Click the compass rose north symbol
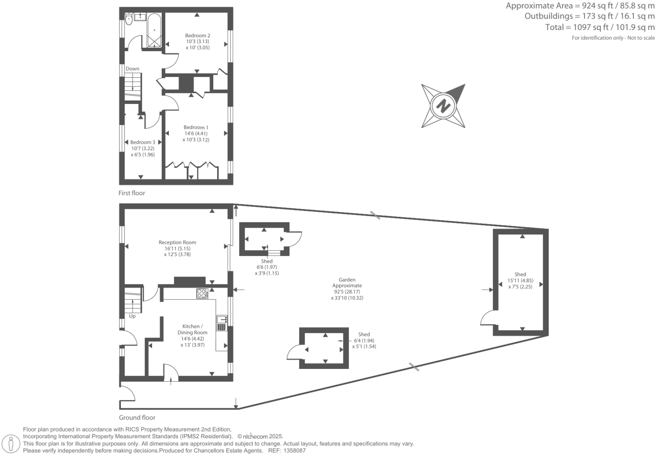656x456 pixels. [x=443, y=105]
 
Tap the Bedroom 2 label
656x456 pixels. [x=197, y=36]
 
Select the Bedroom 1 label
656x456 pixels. [x=196, y=128]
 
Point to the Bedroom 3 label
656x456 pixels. [x=142, y=142]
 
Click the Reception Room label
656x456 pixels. [x=177, y=243]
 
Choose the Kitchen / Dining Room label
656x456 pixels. [x=192, y=329]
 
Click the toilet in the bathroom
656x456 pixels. [x=128, y=19]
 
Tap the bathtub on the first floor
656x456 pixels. [x=154, y=30]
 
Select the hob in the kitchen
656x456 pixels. [x=202, y=293]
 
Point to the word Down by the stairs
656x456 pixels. [x=132, y=69]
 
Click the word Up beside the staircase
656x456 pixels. [x=132, y=316]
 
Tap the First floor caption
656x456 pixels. [x=131, y=193]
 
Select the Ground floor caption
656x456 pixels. [x=137, y=418]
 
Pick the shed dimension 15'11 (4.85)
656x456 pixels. [x=520, y=281]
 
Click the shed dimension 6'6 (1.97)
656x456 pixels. [x=267, y=267]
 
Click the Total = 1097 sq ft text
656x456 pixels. [x=600, y=27]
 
